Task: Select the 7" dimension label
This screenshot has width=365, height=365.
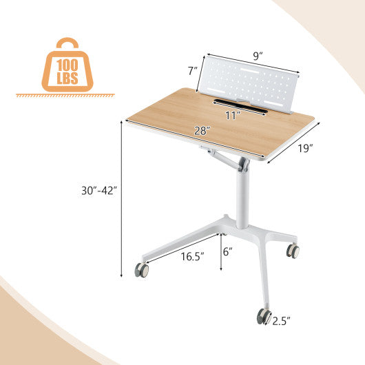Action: point(193,71)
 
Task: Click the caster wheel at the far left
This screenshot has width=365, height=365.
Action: point(142,270)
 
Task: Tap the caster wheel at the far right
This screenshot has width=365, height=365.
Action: point(293,251)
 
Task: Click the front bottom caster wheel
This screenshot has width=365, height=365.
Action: point(264,316)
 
